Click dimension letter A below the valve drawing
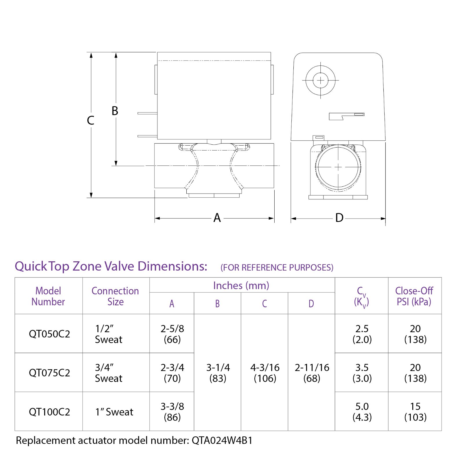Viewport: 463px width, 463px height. (x=217, y=218)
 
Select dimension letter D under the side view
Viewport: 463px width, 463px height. (x=339, y=218)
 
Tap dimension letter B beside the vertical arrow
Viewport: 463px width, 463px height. (x=115, y=111)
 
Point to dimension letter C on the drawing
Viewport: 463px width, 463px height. (x=91, y=120)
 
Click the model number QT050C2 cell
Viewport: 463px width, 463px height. (x=49, y=334)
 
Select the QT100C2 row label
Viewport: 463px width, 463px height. (x=49, y=412)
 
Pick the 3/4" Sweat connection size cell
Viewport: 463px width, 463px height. (x=109, y=373)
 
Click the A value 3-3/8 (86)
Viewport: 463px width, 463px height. (x=172, y=411)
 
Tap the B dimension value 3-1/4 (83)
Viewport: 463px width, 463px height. (x=218, y=373)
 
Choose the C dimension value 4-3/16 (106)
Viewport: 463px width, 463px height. (x=265, y=373)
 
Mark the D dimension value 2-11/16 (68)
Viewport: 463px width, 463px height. (x=312, y=373)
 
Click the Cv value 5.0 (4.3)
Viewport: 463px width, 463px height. (x=362, y=411)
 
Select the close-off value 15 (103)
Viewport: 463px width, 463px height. (x=415, y=411)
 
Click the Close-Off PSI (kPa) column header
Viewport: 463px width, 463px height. (x=414, y=296)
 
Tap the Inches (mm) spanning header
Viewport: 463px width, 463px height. (x=241, y=285)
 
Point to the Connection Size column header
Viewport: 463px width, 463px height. (x=115, y=296)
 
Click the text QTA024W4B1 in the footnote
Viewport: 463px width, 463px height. (x=222, y=440)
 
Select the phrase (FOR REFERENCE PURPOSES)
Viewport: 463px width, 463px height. (x=277, y=267)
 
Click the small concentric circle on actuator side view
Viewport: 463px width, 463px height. (x=320, y=80)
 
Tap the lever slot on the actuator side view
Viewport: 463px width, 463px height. (x=346, y=116)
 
